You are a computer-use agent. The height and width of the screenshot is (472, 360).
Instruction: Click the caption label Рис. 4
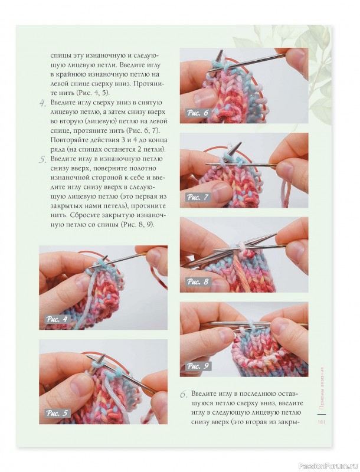coord(57,319)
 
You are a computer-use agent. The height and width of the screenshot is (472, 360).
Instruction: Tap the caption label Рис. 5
coord(57,414)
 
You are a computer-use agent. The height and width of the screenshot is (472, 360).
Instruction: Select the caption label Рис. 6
coord(198,113)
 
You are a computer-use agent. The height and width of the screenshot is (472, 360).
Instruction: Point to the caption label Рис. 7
coord(198,198)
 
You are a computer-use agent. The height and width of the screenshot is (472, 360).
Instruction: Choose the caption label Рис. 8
coord(198,282)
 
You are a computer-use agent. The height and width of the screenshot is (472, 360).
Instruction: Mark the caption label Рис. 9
coord(198,366)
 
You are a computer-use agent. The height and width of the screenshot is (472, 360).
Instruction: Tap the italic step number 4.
coord(42,104)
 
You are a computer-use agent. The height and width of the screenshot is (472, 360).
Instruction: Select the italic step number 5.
coord(42,159)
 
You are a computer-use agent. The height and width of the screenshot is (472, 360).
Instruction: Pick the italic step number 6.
coord(184,395)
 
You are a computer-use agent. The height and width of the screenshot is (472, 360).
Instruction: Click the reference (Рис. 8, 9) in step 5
coord(138,225)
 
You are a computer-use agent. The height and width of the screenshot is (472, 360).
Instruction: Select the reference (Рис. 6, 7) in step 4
coord(143,131)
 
